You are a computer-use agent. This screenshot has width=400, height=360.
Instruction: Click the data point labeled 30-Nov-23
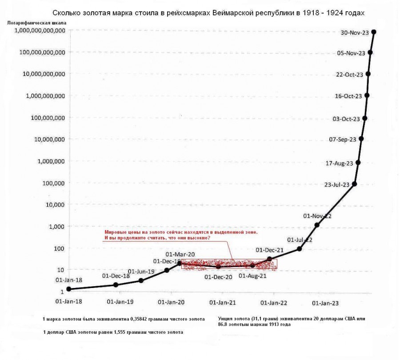click(374, 32)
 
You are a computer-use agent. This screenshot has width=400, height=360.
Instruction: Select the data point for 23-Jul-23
click(354, 184)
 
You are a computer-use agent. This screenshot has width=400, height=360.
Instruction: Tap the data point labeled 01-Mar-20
click(180, 263)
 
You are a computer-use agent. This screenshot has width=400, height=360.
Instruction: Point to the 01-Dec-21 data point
click(269, 259)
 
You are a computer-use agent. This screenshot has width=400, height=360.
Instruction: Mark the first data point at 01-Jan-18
click(69, 289)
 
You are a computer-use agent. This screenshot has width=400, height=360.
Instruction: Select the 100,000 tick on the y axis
click(52, 183)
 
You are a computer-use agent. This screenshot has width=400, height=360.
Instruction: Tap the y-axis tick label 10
click(62, 270)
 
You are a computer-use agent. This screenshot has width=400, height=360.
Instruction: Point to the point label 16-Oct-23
click(349, 96)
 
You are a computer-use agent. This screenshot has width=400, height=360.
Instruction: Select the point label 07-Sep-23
click(343, 140)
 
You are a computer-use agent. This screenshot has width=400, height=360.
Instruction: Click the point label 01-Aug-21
click(252, 276)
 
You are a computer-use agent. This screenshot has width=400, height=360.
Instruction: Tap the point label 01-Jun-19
click(141, 272)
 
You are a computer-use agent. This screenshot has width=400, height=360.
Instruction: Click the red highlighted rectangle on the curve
click(229, 264)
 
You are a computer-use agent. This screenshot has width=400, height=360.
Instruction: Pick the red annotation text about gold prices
click(181, 235)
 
